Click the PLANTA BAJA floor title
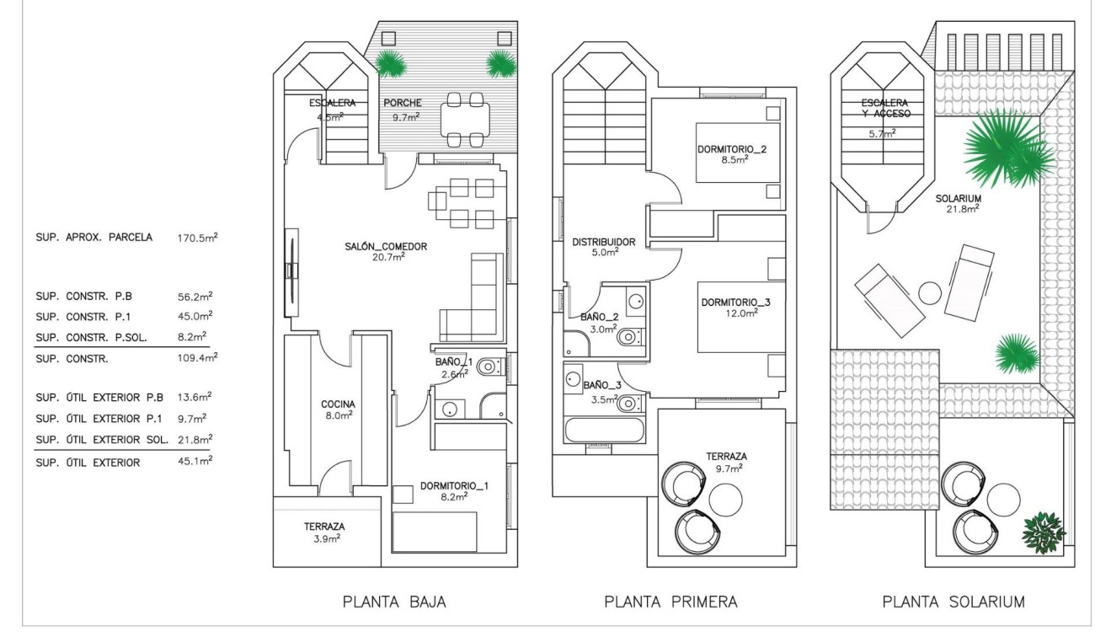(394, 602)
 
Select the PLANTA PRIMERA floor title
(670, 602)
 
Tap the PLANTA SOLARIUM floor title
(953, 602)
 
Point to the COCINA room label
(338, 404)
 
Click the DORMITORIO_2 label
(732, 150)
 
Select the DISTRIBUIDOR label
(603, 242)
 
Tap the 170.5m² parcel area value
(198, 238)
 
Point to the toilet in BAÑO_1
(489, 367)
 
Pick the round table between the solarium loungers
(930, 293)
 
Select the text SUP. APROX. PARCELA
(94, 238)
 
